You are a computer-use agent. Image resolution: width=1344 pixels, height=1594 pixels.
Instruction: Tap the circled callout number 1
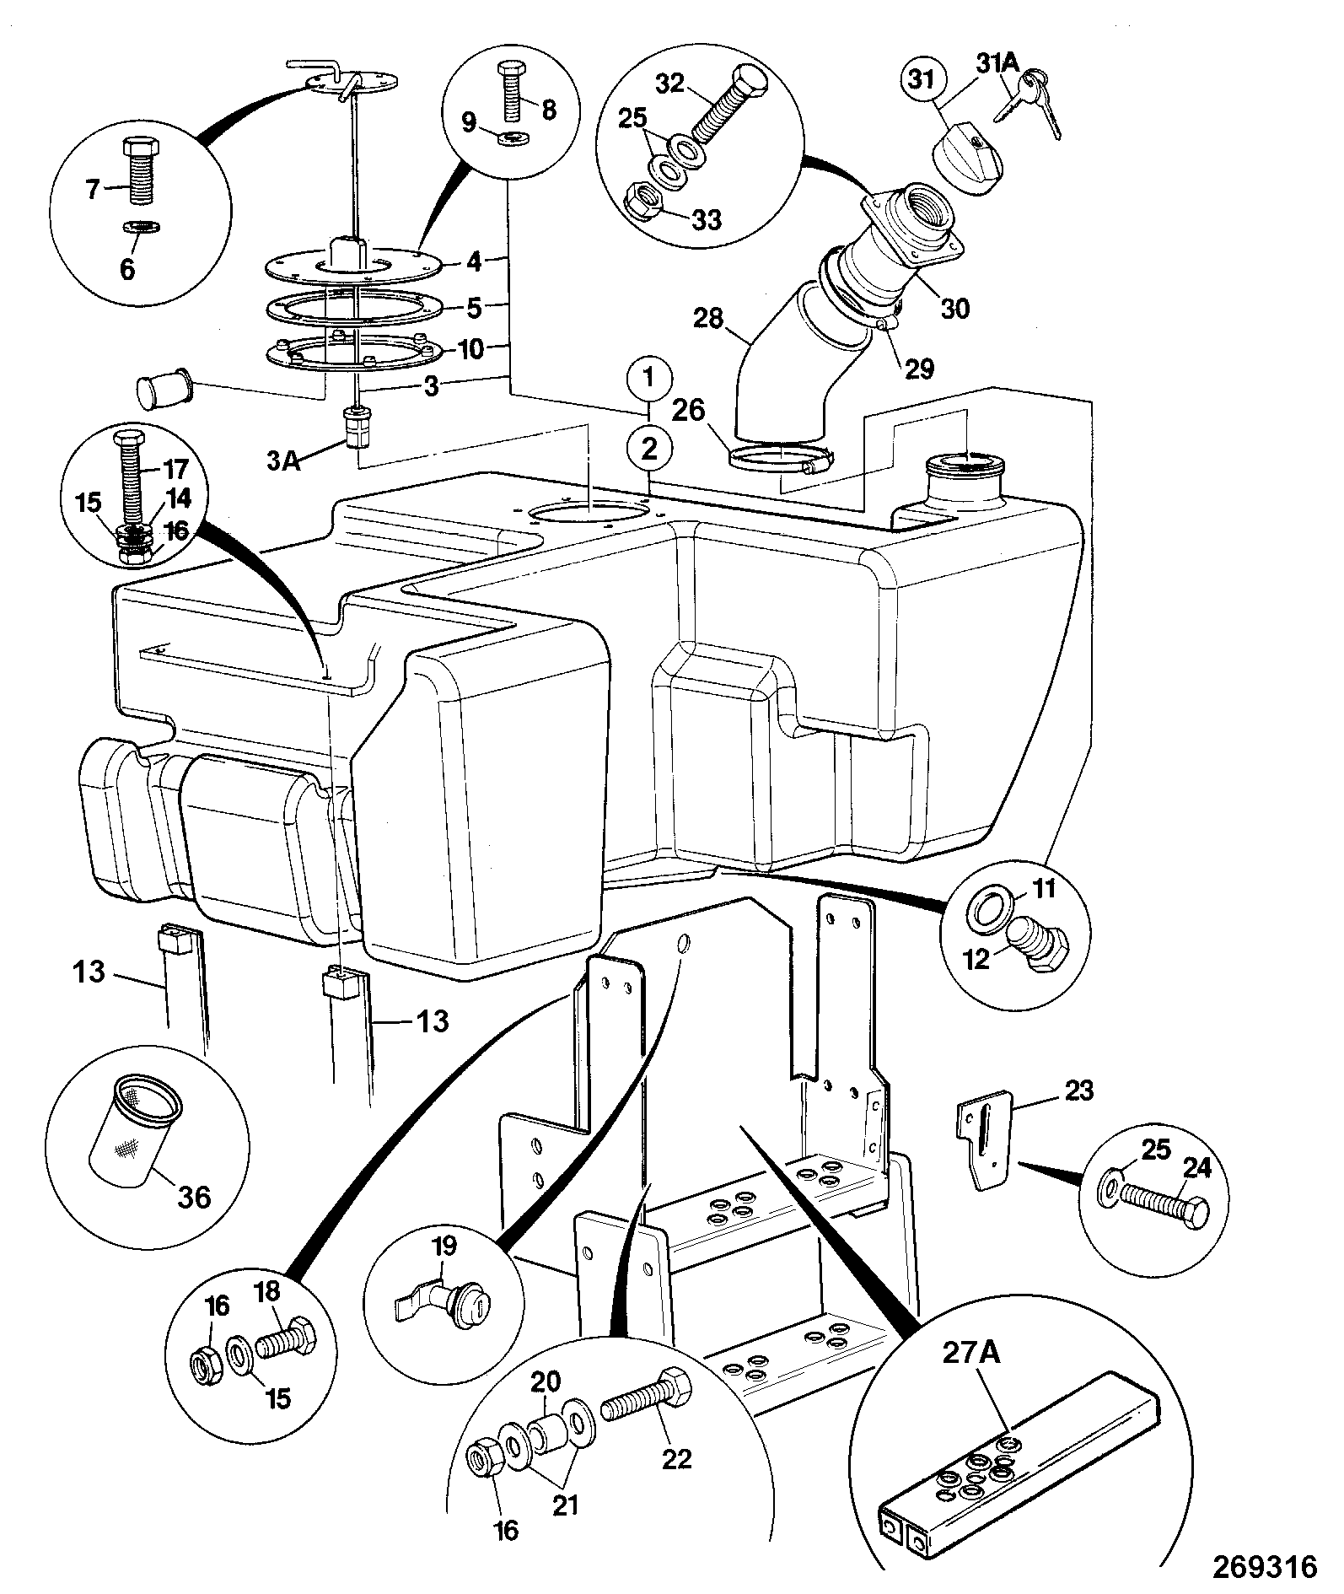[648, 379]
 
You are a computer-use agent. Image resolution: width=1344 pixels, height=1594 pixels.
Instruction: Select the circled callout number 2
[648, 449]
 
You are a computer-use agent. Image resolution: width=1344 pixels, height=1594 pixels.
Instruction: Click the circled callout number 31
[923, 82]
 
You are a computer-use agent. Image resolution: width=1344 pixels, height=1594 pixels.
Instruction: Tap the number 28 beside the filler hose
[710, 317]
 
